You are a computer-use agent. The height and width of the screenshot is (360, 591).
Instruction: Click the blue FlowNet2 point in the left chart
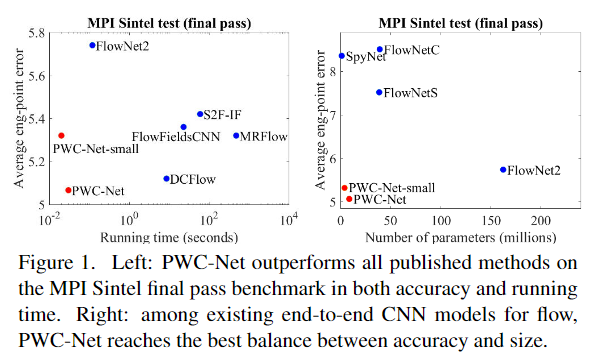(92, 45)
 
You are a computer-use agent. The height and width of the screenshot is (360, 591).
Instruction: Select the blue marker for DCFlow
(166, 179)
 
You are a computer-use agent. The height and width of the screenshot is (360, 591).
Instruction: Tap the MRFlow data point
(236, 135)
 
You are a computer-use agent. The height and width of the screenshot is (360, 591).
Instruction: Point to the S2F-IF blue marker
(200, 114)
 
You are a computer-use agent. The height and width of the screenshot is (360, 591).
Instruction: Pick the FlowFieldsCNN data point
(183, 127)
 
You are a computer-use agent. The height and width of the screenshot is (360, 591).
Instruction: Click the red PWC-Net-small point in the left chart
(61, 135)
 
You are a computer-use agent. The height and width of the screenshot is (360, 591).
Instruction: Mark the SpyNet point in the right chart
(341, 56)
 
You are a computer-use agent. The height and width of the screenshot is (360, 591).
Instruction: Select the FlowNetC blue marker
(380, 49)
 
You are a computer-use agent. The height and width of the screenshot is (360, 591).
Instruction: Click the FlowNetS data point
(379, 92)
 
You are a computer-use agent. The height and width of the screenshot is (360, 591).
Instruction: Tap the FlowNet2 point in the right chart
(503, 170)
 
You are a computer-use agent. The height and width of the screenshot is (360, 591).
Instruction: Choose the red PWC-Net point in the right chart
(349, 199)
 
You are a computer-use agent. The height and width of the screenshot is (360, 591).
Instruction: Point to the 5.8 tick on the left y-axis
(34, 33)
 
